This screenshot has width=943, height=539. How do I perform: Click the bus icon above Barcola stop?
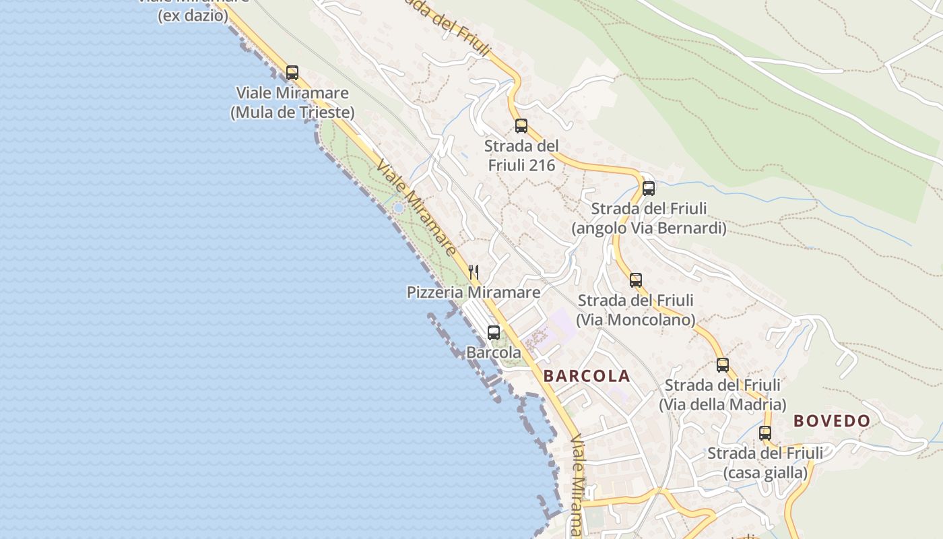click(x=494, y=332)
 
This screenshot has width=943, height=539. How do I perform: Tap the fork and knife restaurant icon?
click(x=474, y=272)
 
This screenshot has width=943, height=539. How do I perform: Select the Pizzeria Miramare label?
click(x=473, y=292)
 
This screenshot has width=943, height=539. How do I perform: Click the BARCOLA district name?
click(x=587, y=376)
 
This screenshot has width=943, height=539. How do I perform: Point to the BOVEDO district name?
click(x=832, y=421)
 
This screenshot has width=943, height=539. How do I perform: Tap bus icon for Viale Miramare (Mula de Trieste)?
click(x=292, y=73)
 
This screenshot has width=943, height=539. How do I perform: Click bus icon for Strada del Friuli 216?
click(x=521, y=126)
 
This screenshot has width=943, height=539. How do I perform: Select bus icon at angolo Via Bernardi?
click(x=648, y=189)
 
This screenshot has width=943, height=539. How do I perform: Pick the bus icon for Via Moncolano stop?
click(x=635, y=280)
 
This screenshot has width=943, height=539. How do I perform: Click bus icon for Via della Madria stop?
click(x=722, y=365)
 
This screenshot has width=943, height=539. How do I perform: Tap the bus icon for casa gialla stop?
click(x=765, y=433)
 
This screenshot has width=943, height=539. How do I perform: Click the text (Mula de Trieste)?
click(x=292, y=113)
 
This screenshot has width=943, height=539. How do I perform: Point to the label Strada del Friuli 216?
click(x=521, y=156)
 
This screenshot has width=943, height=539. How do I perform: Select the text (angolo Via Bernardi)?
click(x=649, y=228)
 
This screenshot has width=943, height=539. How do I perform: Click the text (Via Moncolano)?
click(x=635, y=319)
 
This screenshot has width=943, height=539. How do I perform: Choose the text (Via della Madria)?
click(x=722, y=404)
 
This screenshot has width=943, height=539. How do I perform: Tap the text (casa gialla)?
click(x=765, y=473)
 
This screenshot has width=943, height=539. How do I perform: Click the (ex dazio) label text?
click(x=193, y=15)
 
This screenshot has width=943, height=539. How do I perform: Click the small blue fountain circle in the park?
click(x=398, y=208)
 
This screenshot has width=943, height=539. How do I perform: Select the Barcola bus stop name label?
click(x=494, y=352)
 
